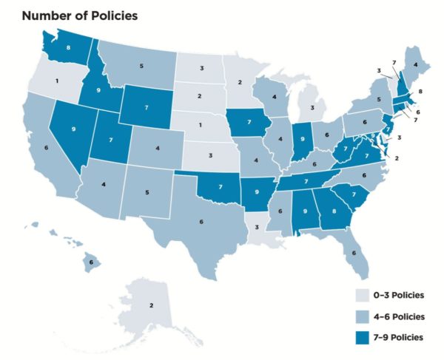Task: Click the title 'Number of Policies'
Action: pyautogui.click(x=70, y=15)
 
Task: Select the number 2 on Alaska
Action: pyautogui.click(x=152, y=305)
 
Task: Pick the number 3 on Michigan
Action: pyautogui.click(x=314, y=107)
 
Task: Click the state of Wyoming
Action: pyautogui.click(x=148, y=107)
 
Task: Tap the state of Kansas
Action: pyautogui.click(x=211, y=157)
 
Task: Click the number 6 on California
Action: pyautogui.click(x=47, y=148)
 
